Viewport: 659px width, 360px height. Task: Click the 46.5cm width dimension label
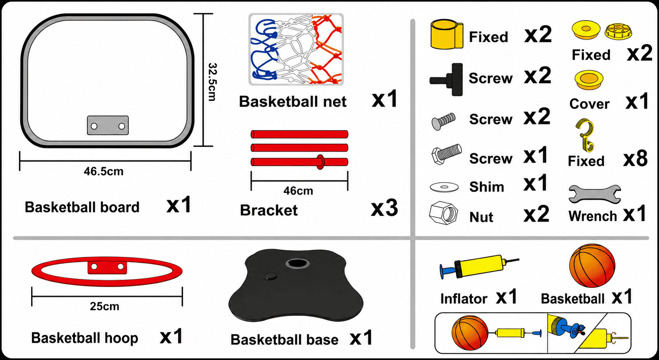104,172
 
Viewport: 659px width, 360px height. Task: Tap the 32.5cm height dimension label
212,82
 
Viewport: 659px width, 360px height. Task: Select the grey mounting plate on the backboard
108,125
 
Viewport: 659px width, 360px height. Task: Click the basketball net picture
296,49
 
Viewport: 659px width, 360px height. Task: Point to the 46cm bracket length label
298,191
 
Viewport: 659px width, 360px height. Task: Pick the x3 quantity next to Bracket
384,208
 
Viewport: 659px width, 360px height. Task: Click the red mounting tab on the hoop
108,267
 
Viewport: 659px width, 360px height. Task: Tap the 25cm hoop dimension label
104,306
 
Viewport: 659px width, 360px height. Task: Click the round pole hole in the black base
297,263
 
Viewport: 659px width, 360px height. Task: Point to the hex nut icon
443,213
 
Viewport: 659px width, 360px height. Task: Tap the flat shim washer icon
444,187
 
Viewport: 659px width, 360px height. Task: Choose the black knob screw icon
446,79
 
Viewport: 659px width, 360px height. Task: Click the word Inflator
464,299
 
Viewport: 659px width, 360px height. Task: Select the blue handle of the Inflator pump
447,270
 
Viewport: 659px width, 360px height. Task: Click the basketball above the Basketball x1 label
592,266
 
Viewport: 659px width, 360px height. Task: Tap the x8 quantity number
635,158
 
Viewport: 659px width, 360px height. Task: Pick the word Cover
589,104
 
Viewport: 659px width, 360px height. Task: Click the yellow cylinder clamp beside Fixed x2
447,34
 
